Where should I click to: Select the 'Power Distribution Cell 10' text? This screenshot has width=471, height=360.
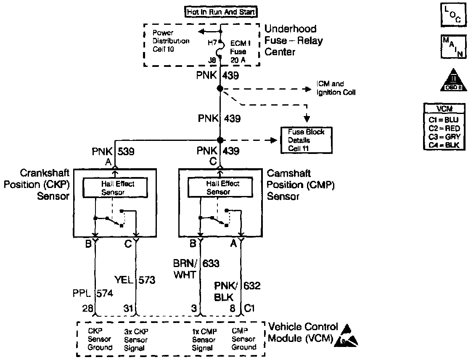170,41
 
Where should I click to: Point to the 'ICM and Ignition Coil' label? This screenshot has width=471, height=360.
336,88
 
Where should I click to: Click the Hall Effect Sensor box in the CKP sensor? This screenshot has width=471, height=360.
115,188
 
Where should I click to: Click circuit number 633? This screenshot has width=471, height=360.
211,264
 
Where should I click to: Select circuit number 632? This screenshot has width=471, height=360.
252,286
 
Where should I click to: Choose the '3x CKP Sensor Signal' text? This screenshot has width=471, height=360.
137,339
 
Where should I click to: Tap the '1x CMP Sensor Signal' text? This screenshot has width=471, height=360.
204,339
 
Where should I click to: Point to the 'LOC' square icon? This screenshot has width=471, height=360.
451,14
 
